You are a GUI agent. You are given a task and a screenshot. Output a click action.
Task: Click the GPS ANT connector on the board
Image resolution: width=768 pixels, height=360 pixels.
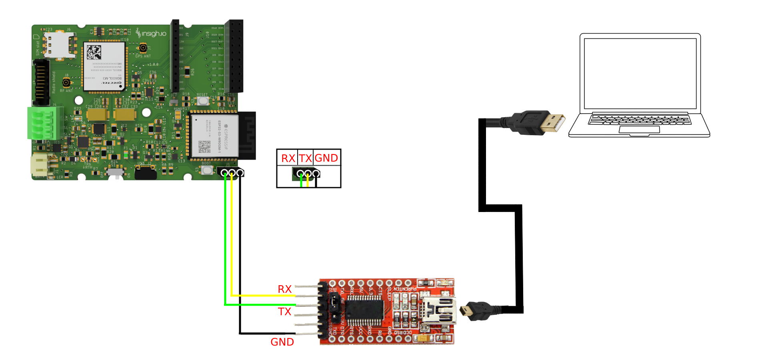[x=143, y=48]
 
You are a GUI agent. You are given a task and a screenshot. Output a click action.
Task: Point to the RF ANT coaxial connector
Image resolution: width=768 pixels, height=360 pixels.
[x=66, y=83]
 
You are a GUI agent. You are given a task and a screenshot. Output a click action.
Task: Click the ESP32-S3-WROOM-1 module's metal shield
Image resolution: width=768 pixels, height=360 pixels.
[x=214, y=136]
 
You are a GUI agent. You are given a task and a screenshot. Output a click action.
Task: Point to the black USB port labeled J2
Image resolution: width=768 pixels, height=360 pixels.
[x=146, y=173]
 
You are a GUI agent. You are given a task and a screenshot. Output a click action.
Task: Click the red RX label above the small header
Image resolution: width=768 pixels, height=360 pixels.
[x=288, y=158]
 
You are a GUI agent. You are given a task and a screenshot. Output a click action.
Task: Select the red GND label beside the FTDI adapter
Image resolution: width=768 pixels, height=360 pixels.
[x=282, y=342]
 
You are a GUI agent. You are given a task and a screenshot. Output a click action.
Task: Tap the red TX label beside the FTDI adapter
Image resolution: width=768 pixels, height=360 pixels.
[x=285, y=312]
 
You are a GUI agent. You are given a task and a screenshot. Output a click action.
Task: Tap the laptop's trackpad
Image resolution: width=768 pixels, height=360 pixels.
[x=639, y=129]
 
